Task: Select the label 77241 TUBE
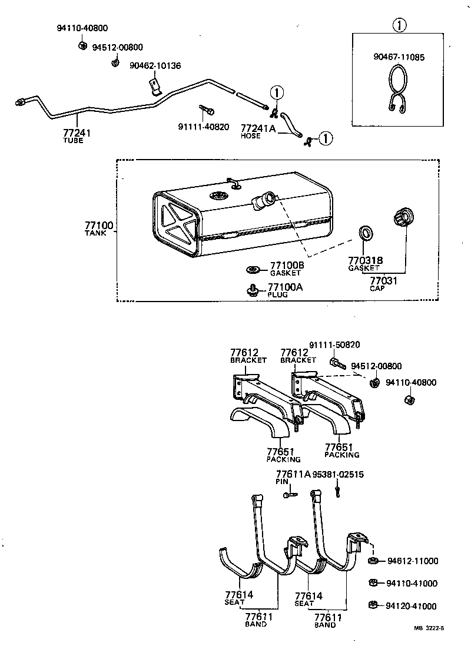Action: point(77,137)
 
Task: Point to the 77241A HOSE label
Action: point(258,131)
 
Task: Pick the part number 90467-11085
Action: point(399,57)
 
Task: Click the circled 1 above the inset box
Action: point(399,25)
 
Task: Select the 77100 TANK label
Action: point(99,229)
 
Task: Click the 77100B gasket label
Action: point(287,269)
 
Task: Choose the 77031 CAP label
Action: point(383,284)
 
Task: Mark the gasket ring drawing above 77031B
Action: point(365,233)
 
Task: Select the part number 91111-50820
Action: point(334,345)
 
